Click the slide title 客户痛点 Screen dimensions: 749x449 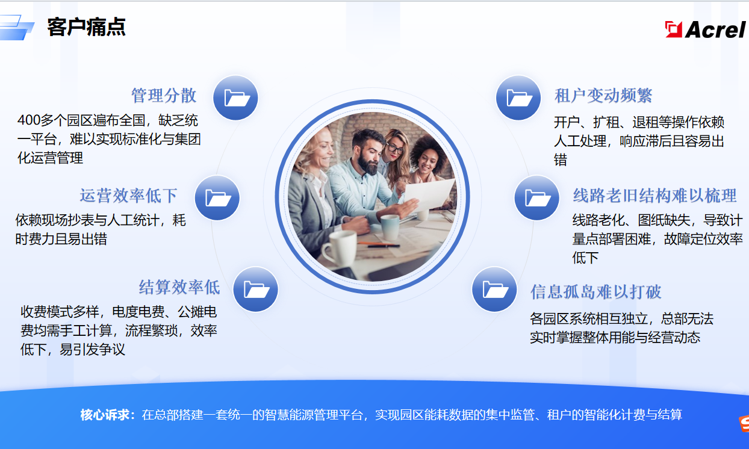click(x=86, y=27)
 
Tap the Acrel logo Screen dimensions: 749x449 click(x=705, y=29)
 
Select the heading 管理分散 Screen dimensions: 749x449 click(x=164, y=96)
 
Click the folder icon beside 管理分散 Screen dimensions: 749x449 click(x=236, y=98)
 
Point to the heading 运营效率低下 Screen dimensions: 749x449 click(x=128, y=196)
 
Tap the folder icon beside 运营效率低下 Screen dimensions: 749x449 click(x=217, y=197)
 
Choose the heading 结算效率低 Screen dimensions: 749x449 click(x=179, y=288)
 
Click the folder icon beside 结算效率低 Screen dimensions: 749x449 click(x=256, y=289)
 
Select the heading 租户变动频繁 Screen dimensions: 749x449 click(x=603, y=96)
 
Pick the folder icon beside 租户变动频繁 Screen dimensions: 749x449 click(x=518, y=98)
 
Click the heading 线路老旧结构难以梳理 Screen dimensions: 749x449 click(x=654, y=196)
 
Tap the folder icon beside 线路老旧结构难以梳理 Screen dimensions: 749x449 click(x=536, y=197)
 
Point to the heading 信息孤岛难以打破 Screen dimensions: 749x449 click(x=596, y=292)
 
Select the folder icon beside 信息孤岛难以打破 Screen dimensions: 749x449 click(x=494, y=289)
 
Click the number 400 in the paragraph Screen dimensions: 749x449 click(x=29, y=120)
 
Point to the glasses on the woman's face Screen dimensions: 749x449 click(x=394, y=147)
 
